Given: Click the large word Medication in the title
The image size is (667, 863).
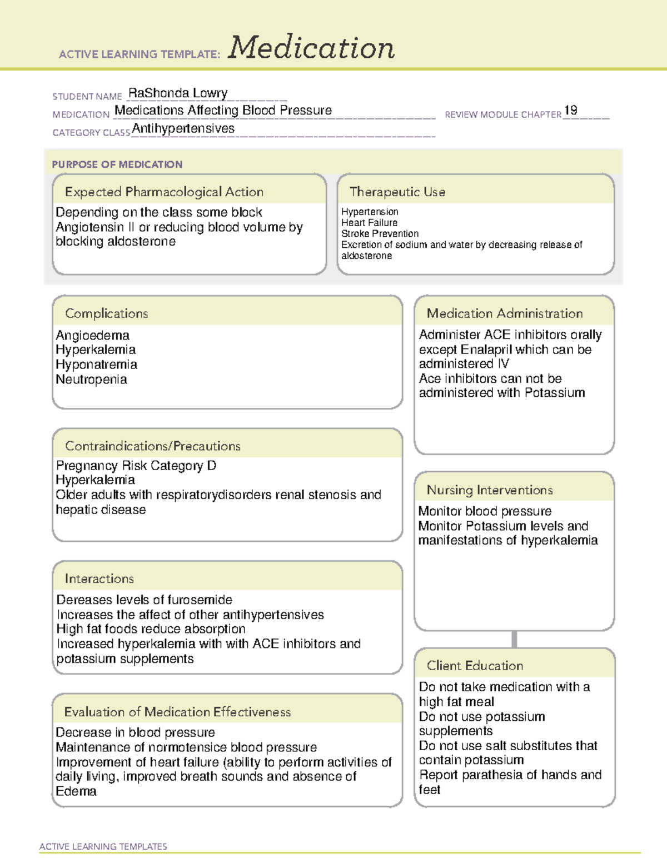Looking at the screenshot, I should [x=311, y=48].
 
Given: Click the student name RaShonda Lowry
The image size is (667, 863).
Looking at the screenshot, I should [x=178, y=93].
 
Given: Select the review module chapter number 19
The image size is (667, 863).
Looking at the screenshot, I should [x=570, y=110].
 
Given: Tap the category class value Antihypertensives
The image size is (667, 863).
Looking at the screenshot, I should [x=183, y=128].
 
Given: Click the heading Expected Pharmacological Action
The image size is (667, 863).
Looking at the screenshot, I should [x=164, y=192].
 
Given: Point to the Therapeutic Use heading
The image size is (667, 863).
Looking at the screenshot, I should [x=397, y=192].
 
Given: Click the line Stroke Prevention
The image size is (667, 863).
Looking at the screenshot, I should [x=380, y=233].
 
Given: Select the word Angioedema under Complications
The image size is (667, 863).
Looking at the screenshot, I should [x=92, y=335].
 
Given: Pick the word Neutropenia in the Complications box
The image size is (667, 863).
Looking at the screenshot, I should [x=91, y=380].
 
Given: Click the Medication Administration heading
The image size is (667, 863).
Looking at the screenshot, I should [x=504, y=313].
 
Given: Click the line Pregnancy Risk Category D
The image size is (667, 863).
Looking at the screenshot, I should [x=136, y=465].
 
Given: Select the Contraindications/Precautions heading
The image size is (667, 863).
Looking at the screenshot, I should [x=152, y=446].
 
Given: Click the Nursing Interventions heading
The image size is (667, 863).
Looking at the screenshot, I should [x=489, y=490].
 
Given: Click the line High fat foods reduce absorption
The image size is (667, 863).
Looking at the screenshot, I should [x=151, y=629].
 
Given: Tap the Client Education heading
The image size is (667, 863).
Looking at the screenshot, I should [x=475, y=666].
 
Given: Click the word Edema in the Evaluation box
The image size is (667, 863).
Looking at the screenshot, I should [x=76, y=791].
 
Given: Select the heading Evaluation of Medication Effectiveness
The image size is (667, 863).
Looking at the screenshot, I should [x=177, y=712].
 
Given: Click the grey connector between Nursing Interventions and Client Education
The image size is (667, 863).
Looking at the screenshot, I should [x=514, y=639].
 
